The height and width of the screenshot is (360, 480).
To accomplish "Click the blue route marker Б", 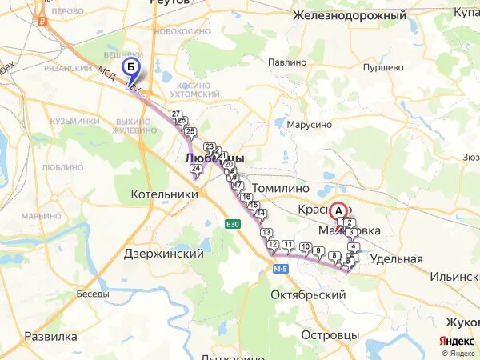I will [x=130, y=66].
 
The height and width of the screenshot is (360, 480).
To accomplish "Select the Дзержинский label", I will [x=164, y=253].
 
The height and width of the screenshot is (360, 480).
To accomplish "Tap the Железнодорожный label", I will [x=349, y=15].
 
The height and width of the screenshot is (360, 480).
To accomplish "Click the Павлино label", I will [x=287, y=62].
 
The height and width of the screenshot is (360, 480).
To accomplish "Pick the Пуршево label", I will [x=382, y=67].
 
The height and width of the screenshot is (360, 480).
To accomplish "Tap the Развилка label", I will [x=50, y=336].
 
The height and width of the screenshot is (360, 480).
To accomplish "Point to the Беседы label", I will [x=93, y=294].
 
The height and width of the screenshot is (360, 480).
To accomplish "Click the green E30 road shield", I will [x=232, y=224].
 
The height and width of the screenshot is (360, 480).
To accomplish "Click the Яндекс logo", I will [x=456, y=341].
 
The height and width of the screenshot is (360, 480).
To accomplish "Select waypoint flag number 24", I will [x=194, y=168].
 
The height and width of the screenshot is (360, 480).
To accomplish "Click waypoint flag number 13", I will [x=265, y=233].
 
